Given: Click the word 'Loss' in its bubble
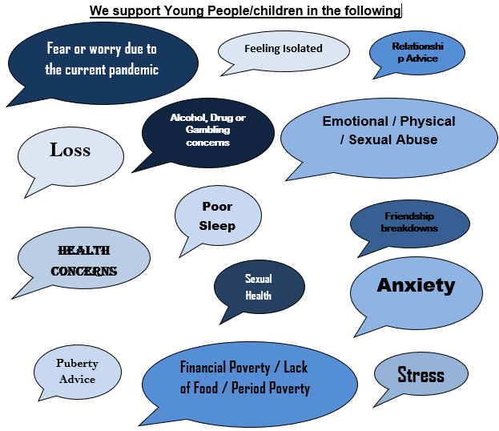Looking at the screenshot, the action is tap(70, 150).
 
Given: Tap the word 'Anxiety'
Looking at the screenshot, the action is tap(416, 285).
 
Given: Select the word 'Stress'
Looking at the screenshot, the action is tap(421, 374).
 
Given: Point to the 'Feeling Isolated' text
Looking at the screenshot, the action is tap(284, 48).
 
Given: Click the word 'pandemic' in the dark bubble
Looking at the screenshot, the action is tap(134, 70).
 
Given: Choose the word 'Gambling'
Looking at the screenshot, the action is tap(207, 130).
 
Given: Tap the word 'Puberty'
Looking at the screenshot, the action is tap(78, 364).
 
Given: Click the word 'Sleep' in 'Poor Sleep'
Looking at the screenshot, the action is tap(217, 226).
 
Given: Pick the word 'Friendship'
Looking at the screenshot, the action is tap(409, 216).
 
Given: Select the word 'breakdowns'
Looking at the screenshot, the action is tap(409, 228).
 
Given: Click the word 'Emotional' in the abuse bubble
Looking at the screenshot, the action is tap(355, 121).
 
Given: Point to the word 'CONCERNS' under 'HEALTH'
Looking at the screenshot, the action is tap(84, 272).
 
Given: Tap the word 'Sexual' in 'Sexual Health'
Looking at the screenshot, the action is tap(259, 279).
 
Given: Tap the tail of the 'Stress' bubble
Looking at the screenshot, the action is tap(374, 406).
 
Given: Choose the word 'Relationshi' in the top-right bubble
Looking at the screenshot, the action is tap(417, 46).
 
